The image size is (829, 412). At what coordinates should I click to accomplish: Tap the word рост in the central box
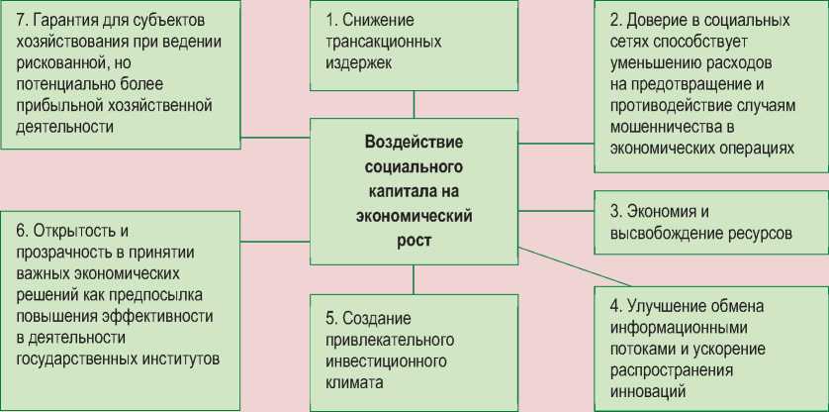click(x=414, y=239)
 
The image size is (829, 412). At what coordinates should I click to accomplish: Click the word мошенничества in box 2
click(x=660, y=128)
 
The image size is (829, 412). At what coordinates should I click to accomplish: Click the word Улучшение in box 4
click(x=673, y=305)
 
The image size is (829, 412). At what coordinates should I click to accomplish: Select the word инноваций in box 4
click(x=645, y=391)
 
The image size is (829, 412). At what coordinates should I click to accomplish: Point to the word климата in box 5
click(x=353, y=380)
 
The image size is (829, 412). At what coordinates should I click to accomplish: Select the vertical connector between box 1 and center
click(x=414, y=103)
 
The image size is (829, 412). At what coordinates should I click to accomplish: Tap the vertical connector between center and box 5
click(x=414, y=279)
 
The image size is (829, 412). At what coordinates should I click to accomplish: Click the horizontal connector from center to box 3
click(x=555, y=211)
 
